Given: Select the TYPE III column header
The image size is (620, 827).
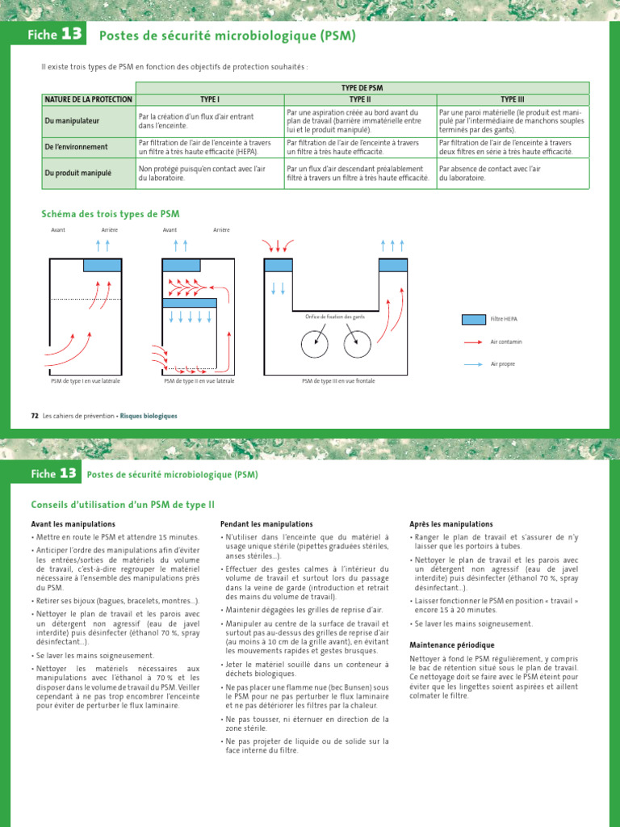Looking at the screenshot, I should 513,99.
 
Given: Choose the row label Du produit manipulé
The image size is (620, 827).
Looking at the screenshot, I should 77,173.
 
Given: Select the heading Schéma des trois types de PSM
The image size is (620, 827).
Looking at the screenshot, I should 110,214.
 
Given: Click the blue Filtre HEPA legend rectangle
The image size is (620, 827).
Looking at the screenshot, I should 473,319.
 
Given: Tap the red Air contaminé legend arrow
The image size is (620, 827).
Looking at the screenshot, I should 473,342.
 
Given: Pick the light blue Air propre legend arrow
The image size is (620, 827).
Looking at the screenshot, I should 473,364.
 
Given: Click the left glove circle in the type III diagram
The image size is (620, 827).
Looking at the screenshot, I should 315,344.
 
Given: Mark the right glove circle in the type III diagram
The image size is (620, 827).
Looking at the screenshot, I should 357,344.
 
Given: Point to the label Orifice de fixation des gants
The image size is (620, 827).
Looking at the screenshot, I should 335,317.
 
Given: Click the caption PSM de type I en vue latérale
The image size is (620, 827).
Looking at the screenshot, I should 86,380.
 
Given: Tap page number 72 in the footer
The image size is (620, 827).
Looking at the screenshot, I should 35,416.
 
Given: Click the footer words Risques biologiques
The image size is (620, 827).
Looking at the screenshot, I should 149,416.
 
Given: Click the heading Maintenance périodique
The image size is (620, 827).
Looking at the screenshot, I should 451,645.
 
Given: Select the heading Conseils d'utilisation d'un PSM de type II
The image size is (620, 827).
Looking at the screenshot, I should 123,505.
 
